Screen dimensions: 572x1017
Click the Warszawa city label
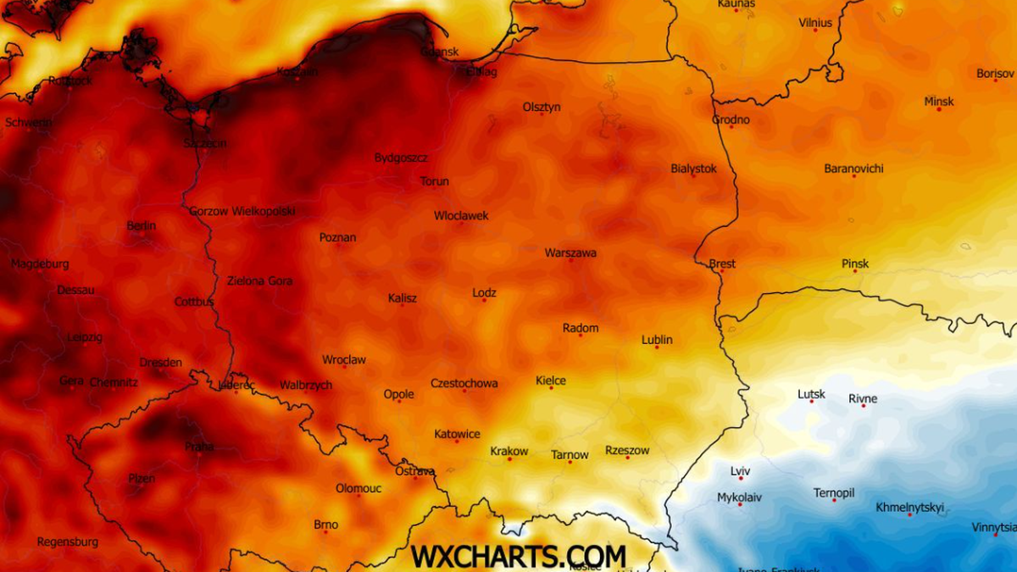pos(570,253)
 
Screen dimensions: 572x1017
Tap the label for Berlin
pos(141,225)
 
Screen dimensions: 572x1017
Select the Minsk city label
pos(938,102)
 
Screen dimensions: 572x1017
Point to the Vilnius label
pos(815,23)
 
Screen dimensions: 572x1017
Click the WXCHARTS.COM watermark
pos(518,556)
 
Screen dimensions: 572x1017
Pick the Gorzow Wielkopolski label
pos(242,211)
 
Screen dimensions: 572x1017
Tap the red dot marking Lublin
pos(656,347)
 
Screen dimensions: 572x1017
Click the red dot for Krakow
pos(509,459)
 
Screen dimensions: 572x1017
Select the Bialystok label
pos(693,169)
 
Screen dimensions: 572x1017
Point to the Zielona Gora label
pos(259,280)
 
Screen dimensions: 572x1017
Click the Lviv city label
pos(740,471)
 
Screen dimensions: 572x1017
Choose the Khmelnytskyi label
pos(909,508)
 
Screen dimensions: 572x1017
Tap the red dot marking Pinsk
pos(855,271)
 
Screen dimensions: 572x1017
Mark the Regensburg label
pos(68,541)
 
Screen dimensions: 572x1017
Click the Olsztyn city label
pos(542,107)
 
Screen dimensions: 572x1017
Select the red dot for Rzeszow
pos(627,458)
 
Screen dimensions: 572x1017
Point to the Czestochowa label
pos(464,383)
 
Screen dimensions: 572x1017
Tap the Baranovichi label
pos(853,169)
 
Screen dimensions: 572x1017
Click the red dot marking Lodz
pos(484,300)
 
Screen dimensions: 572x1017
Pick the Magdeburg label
pos(40,264)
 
